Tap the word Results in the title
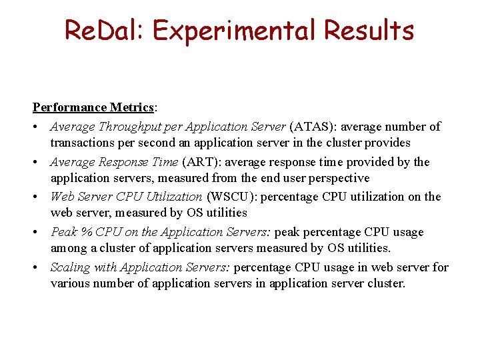coord(367,31)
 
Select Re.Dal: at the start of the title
coord(101,31)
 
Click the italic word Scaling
coord(69,267)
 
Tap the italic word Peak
coord(63,232)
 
